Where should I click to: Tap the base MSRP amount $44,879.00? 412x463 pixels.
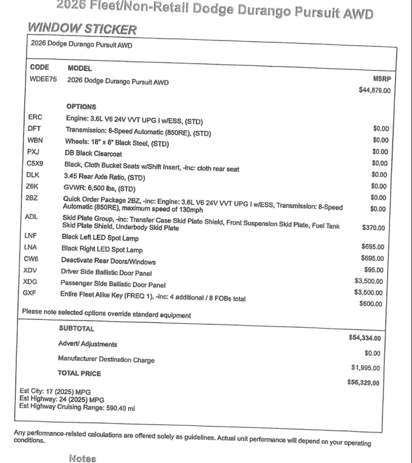[x=375, y=90]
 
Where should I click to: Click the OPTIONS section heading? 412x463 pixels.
[x=81, y=106]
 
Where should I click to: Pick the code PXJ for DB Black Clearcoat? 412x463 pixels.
[x=34, y=152]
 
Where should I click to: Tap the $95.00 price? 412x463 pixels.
[x=374, y=269]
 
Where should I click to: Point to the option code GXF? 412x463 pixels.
[x=30, y=293]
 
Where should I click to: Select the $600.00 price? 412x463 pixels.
[x=371, y=304]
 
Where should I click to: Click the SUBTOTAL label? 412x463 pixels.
[x=76, y=328]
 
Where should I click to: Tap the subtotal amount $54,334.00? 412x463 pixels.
[x=365, y=338]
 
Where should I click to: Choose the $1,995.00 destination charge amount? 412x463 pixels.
[x=365, y=368]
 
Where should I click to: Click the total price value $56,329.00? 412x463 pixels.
[x=363, y=384]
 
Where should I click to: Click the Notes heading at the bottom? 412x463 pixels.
[x=82, y=458]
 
